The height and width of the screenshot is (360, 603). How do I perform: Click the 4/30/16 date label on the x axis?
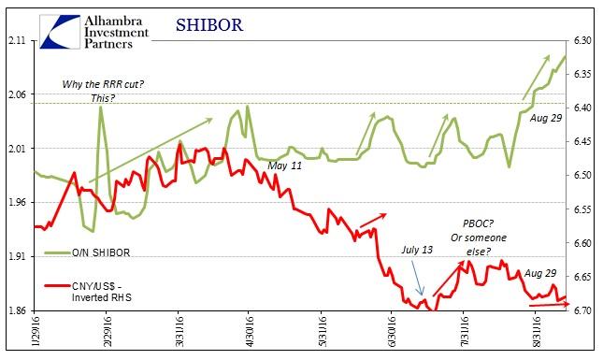[x=248, y=335]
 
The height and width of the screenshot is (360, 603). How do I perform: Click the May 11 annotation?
[x=284, y=166]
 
